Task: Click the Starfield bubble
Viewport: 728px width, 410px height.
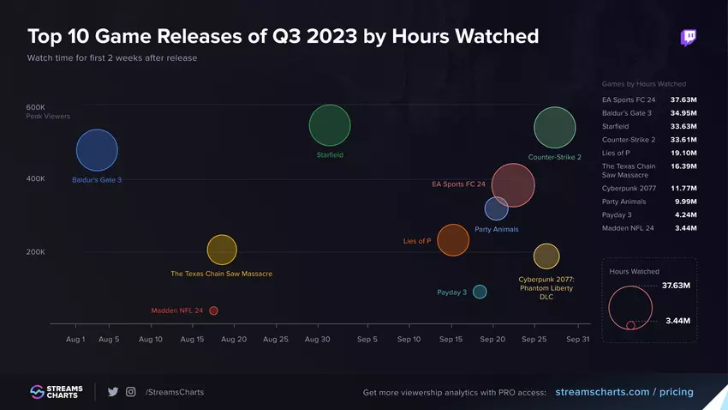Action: tap(330, 126)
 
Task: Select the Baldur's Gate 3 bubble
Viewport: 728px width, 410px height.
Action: tap(97, 150)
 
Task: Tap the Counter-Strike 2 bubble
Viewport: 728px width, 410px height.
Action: tap(554, 128)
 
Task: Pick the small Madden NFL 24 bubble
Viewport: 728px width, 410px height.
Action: tap(213, 311)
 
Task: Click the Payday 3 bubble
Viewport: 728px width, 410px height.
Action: tap(480, 292)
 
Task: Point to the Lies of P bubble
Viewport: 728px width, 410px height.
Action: tap(453, 240)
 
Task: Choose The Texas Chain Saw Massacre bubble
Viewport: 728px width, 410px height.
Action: tap(222, 250)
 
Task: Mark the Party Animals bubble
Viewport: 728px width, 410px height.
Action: tap(497, 208)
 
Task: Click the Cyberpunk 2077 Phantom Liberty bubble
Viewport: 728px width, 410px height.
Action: tap(546, 256)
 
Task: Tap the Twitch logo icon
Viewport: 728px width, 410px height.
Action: tap(688, 38)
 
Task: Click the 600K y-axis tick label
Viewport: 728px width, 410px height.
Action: tap(35, 106)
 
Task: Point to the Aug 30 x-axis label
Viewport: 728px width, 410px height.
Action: tap(317, 340)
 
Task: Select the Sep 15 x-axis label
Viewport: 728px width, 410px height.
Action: tap(451, 340)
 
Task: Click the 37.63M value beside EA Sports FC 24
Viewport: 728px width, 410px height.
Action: tap(683, 99)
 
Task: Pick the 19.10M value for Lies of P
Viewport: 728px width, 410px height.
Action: tap(683, 153)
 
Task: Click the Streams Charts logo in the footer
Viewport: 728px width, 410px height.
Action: tap(55, 392)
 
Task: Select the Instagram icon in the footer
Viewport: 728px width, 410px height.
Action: tap(131, 392)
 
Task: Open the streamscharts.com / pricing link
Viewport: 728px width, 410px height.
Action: tap(624, 392)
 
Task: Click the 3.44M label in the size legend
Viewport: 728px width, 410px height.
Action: tap(677, 320)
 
